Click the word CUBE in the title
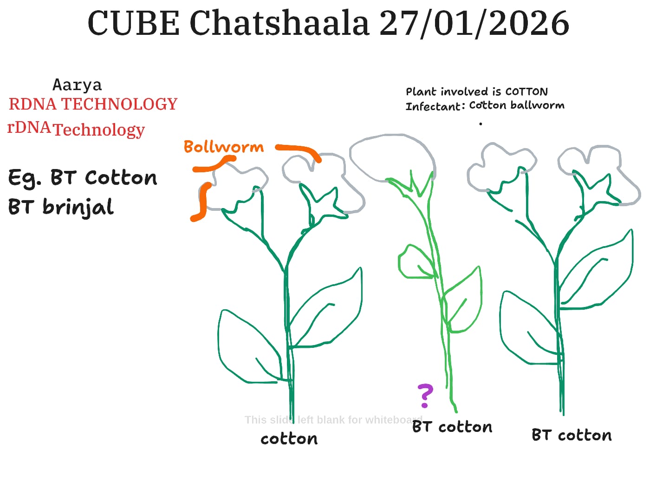pos(134,23)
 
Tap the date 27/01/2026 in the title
pos(474,24)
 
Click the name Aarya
pos(77,85)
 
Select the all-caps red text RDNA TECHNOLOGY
pos(93,104)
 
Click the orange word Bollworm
pos(224,147)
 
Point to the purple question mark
pos(425,396)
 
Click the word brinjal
pos(78,208)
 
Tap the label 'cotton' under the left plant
pos(289,439)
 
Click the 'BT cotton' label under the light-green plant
pos(452,427)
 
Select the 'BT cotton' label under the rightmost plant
pos(572,435)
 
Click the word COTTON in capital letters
pos(526,92)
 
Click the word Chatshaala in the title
pos(279,23)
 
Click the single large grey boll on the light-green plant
pos(393,157)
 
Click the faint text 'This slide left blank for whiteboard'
pos(334,420)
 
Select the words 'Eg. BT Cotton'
pos(83,178)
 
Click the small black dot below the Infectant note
pos(481,124)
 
